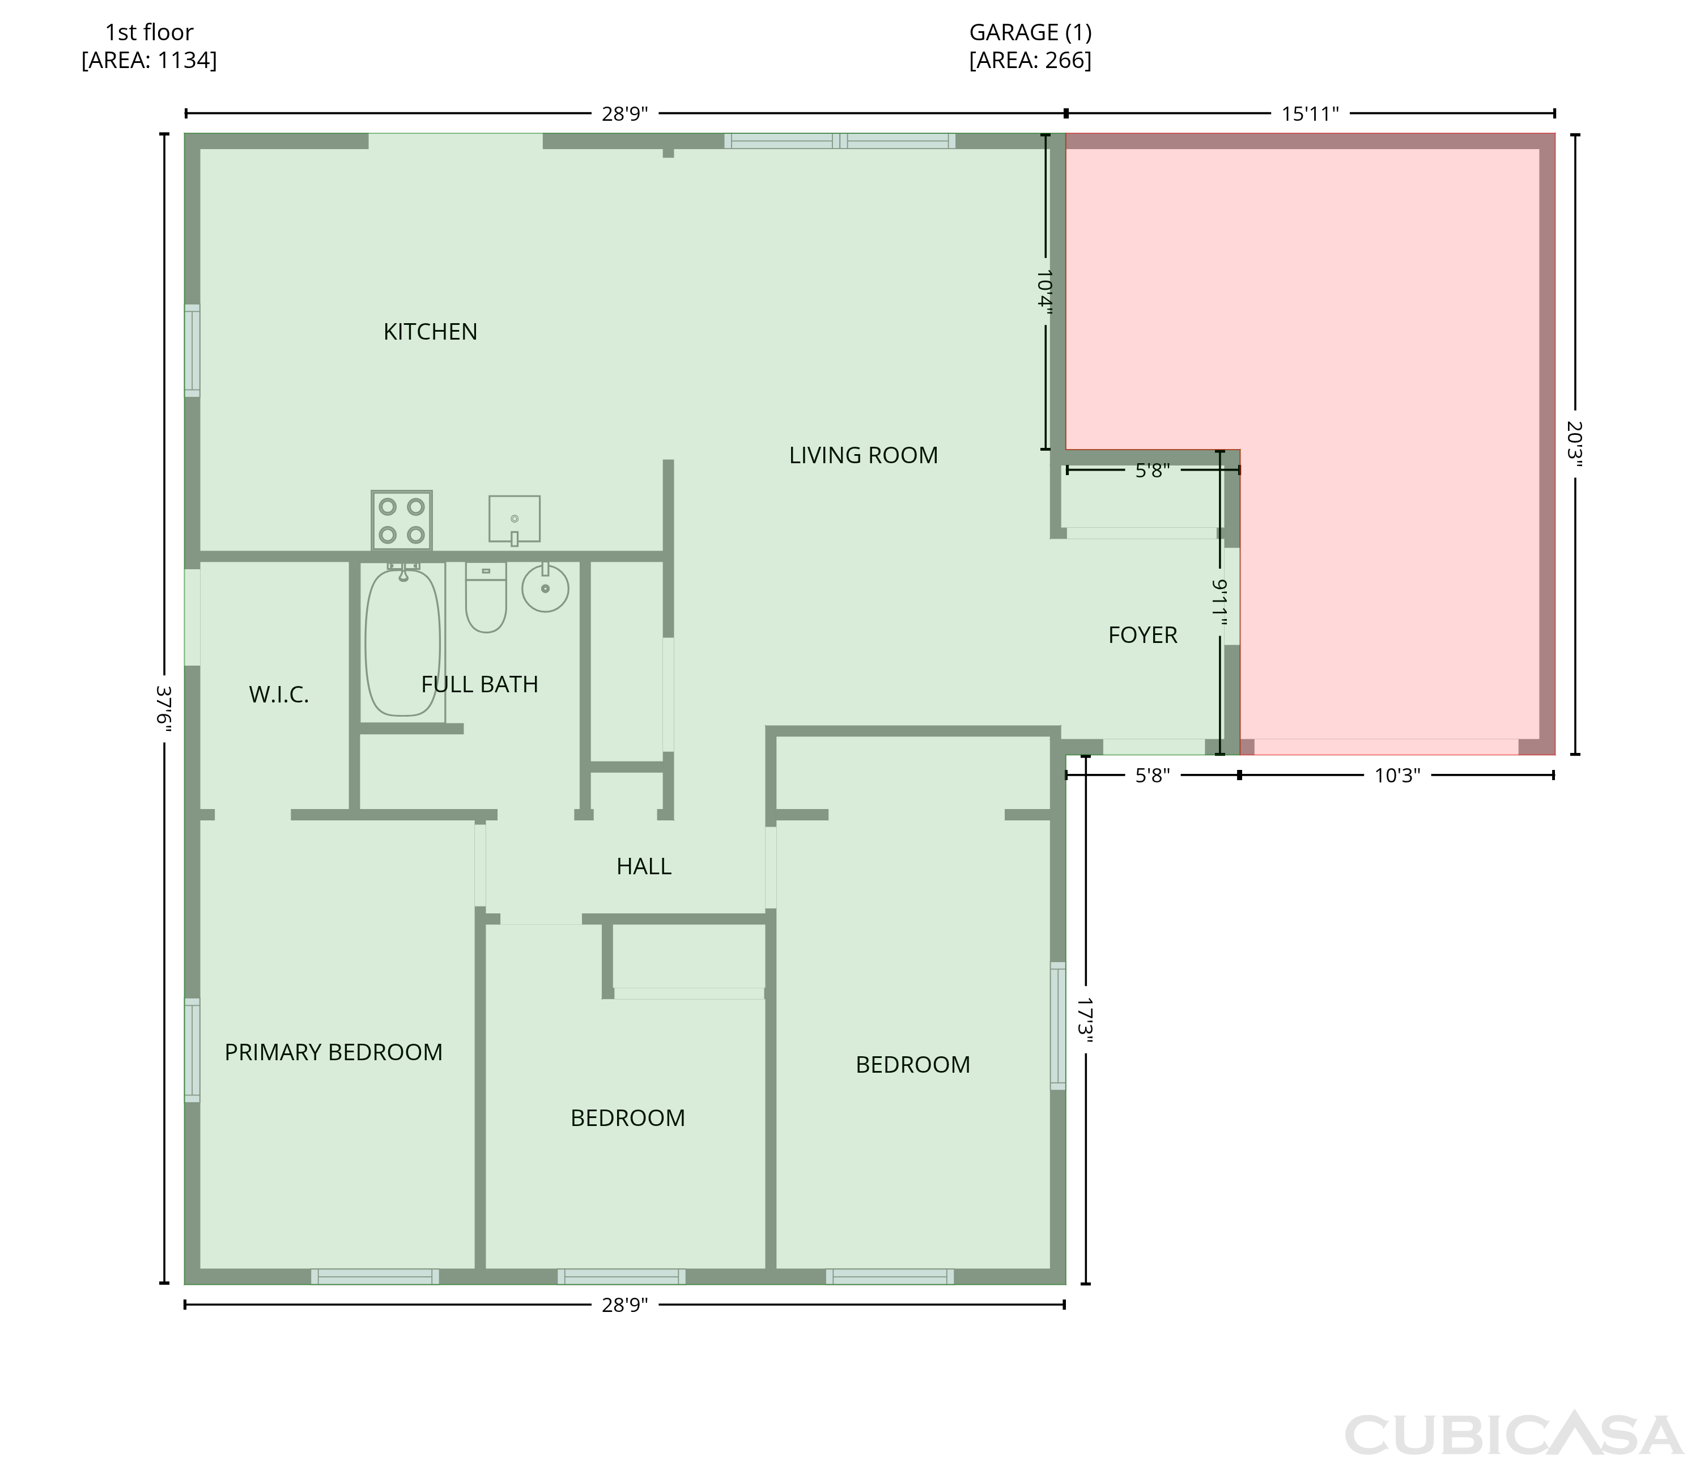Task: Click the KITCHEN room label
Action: point(430,332)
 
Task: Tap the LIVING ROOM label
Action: point(863,455)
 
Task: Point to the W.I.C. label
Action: point(279,695)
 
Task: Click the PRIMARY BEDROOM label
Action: point(333,1052)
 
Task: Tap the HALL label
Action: point(644,866)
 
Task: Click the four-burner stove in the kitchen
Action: point(401,520)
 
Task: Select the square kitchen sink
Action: point(515,519)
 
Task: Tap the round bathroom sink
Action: point(546,587)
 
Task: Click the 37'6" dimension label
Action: point(164,706)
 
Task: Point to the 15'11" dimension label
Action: point(1310,114)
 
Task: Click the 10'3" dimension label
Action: point(1397,776)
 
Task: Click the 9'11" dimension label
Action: point(1220,602)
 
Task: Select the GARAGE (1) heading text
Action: point(1031,33)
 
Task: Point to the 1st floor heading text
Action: point(150,33)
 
